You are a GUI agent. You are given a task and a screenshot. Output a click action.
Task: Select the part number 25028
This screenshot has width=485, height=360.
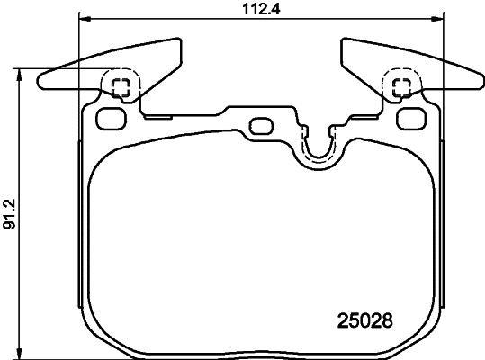[x=364, y=319]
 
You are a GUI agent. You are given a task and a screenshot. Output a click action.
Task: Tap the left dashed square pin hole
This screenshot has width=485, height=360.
[x=121, y=87]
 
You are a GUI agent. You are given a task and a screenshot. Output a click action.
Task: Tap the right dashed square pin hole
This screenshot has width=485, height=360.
[x=401, y=87]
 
